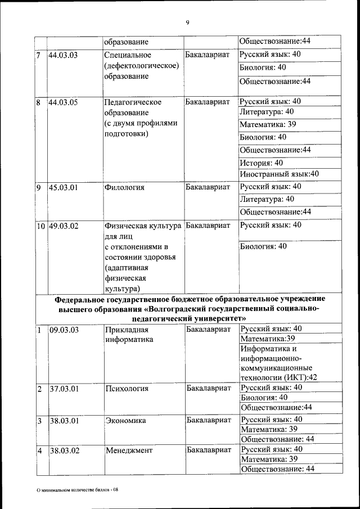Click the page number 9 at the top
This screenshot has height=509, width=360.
tap(187, 22)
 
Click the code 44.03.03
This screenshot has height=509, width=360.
tap(63, 55)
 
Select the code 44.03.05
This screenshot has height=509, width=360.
tap(63, 102)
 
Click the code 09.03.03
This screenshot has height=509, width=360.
tap(63, 330)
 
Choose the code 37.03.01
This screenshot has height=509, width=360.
tap(63, 388)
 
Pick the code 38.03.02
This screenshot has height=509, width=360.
tap(63, 450)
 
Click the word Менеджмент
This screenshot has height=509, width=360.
tap(128, 450)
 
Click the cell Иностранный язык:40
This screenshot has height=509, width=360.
tap(279, 174)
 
